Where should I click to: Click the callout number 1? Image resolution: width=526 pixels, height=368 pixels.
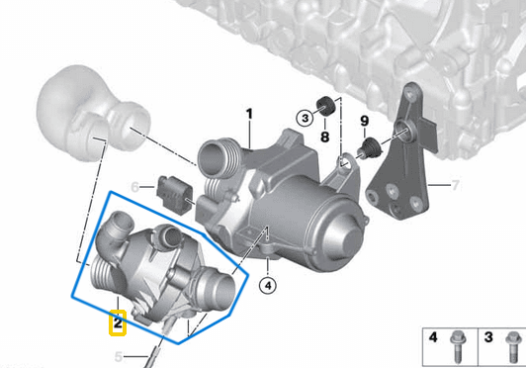click(x=249, y=114)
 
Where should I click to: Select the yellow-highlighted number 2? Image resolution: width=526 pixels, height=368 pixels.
click(x=118, y=323)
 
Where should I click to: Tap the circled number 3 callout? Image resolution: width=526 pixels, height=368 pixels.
click(x=305, y=118)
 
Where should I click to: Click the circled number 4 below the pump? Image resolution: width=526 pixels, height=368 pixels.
click(x=268, y=286)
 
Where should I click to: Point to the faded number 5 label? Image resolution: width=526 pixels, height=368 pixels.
click(x=119, y=356)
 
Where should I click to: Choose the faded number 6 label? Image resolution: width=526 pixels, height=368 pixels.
click(x=134, y=187)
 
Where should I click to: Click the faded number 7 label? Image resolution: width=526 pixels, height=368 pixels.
click(x=455, y=185)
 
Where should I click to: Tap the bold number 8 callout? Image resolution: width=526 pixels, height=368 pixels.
click(x=324, y=137)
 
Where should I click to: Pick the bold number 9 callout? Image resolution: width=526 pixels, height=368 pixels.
click(x=365, y=121)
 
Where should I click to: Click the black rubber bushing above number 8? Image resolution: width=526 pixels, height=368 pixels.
click(x=325, y=106)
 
